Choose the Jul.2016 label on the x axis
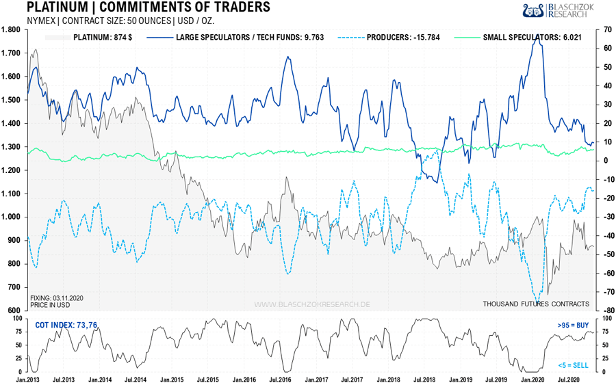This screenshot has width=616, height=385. (282, 379)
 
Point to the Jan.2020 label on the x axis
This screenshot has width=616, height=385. (534, 379)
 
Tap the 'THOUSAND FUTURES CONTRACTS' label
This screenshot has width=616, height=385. (536, 304)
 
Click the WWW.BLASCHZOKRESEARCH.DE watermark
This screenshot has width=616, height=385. (312, 304)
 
